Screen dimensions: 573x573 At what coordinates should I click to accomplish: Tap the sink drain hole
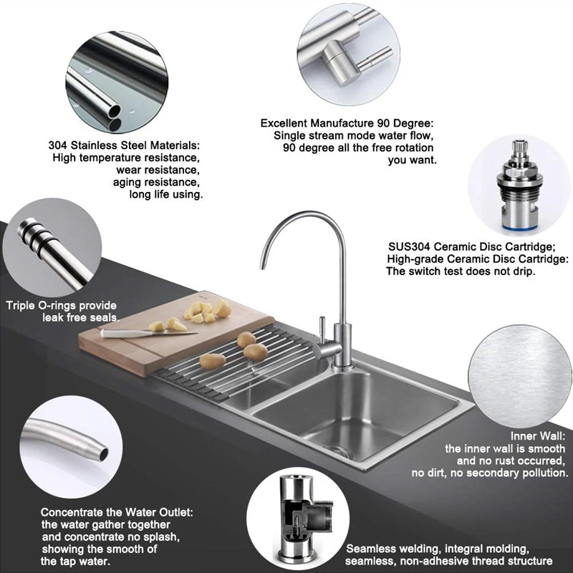pyautogui.click(x=331, y=448)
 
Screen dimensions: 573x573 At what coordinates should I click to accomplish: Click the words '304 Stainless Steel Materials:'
pyautogui.click(x=124, y=144)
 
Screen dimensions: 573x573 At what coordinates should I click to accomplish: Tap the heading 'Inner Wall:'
pyautogui.click(x=541, y=435)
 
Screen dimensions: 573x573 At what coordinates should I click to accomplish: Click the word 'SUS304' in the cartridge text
pyautogui.click(x=406, y=246)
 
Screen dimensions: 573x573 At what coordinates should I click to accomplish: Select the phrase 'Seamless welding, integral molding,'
pyautogui.click(x=438, y=548)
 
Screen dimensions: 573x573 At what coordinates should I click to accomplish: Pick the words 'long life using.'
pyautogui.click(x=165, y=194)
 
